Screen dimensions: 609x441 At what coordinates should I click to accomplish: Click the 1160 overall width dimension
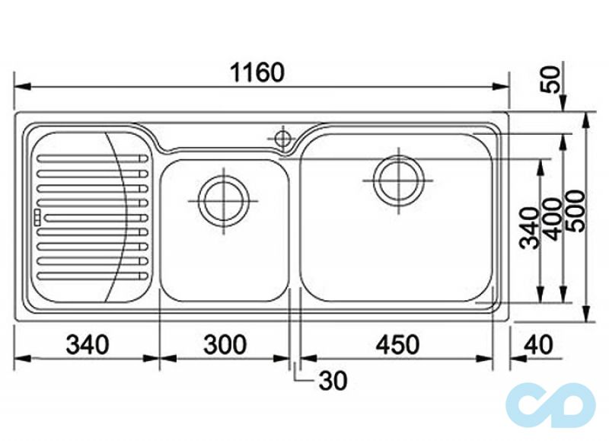[257, 72]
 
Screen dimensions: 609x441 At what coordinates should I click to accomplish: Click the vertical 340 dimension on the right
[531, 228]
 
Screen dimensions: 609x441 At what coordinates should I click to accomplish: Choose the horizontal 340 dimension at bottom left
[88, 344]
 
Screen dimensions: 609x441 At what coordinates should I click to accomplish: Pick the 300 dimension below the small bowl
[225, 344]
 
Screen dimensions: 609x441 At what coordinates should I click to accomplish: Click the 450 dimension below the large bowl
[397, 344]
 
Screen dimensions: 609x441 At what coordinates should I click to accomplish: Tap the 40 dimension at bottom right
[538, 344]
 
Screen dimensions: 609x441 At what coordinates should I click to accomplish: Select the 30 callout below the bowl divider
[333, 380]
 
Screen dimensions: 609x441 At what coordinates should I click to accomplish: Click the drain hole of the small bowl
[223, 201]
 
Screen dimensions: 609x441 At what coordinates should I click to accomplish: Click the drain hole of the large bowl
[399, 181]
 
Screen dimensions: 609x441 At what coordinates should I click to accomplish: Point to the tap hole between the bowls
[282, 139]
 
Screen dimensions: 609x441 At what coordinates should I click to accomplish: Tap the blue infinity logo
[550, 406]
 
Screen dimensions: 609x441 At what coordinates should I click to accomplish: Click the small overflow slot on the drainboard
[37, 218]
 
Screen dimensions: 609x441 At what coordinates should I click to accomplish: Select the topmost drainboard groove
[92, 158]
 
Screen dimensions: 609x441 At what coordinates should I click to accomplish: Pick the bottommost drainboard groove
[92, 276]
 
